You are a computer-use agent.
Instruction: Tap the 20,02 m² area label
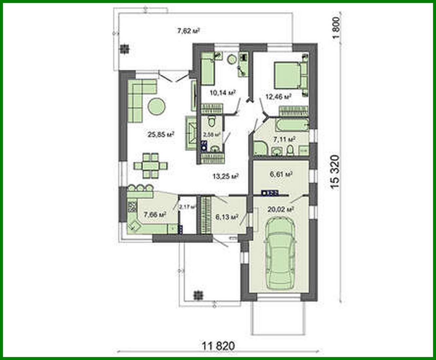(x=280, y=209)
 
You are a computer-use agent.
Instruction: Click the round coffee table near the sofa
(x=157, y=106)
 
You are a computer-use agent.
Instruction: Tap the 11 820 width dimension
(x=218, y=346)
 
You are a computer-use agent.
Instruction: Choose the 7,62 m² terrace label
(x=188, y=31)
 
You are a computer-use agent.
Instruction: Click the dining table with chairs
(x=150, y=166)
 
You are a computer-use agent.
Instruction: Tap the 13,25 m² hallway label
(x=225, y=176)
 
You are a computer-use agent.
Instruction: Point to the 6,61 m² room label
(x=281, y=174)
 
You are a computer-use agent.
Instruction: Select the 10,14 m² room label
(x=223, y=93)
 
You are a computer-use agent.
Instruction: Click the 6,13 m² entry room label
(x=226, y=217)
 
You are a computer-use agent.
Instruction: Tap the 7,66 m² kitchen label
(x=155, y=215)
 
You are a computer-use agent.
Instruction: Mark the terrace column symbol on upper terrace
(x=124, y=49)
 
